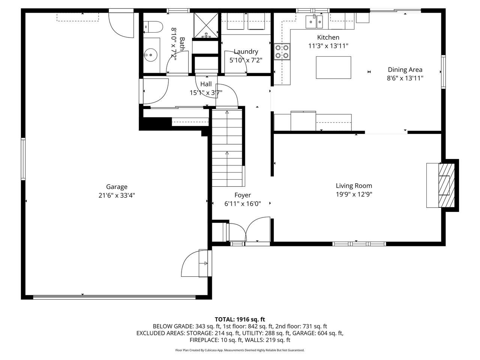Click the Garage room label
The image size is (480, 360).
(x=117, y=187)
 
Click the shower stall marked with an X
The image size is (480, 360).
(x=205, y=25)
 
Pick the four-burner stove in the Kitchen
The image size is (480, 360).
(x=282, y=52)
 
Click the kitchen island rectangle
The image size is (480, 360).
(x=333, y=67)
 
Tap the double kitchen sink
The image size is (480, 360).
(x=314, y=21)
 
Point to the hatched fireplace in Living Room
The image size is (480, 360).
(x=445, y=185)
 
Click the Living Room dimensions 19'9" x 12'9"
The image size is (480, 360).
(x=354, y=194)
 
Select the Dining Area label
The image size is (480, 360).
(x=405, y=69)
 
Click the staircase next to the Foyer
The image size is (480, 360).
(x=227, y=148)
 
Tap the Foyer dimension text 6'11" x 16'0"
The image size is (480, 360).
(x=242, y=204)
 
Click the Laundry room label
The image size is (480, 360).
(x=246, y=52)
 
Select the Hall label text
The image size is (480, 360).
(x=206, y=84)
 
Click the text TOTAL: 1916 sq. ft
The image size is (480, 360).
(x=240, y=319)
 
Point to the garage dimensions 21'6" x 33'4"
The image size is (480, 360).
(x=117, y=195)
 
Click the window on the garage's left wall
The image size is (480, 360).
(x=23, y=159)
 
